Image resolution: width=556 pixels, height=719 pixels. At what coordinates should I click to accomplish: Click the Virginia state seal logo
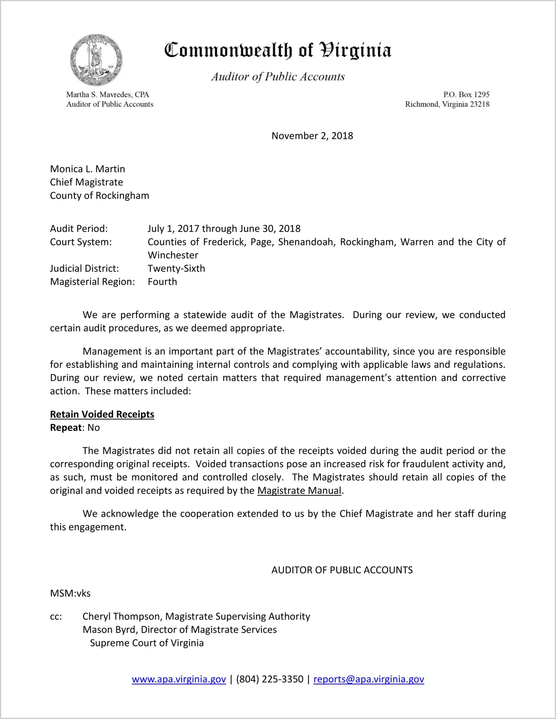coord(96,60)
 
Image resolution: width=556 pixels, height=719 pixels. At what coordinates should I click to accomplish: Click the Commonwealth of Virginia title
coord(278,50)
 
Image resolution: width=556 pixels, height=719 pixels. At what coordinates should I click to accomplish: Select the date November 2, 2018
coord(312,136)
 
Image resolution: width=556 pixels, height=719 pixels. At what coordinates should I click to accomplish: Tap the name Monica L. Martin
coord(87,169)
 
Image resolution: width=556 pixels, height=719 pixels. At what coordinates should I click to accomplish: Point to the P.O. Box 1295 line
coord(466,95)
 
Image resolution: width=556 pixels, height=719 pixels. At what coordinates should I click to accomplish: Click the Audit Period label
coord(79,229)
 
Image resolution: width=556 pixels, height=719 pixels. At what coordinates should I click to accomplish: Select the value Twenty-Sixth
coord(176,268)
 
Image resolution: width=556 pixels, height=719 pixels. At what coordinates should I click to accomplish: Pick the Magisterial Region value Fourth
coord(162,282)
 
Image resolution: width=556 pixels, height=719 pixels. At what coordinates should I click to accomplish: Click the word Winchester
coord(173,255)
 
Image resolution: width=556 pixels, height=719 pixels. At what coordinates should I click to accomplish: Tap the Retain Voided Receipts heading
coord(102,414)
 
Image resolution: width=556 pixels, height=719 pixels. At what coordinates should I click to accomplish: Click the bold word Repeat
coord(66,428)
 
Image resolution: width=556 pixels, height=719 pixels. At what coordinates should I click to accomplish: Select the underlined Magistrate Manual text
coord(299,491)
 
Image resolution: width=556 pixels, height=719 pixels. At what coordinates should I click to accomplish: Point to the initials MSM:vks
coord(70,594)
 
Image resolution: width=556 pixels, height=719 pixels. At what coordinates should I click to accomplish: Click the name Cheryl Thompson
coord(122,617)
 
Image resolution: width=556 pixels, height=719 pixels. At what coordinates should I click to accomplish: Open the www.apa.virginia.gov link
coord(179,680)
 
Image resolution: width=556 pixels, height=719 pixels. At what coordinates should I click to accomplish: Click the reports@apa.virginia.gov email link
coord(368,680)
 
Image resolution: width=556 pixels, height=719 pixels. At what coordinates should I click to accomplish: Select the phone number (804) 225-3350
coord(269,680)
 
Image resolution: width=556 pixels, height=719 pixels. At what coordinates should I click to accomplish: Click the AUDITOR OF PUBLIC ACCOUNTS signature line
coord(342,570)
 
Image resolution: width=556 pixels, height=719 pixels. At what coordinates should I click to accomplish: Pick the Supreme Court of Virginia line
coord(147,643)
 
